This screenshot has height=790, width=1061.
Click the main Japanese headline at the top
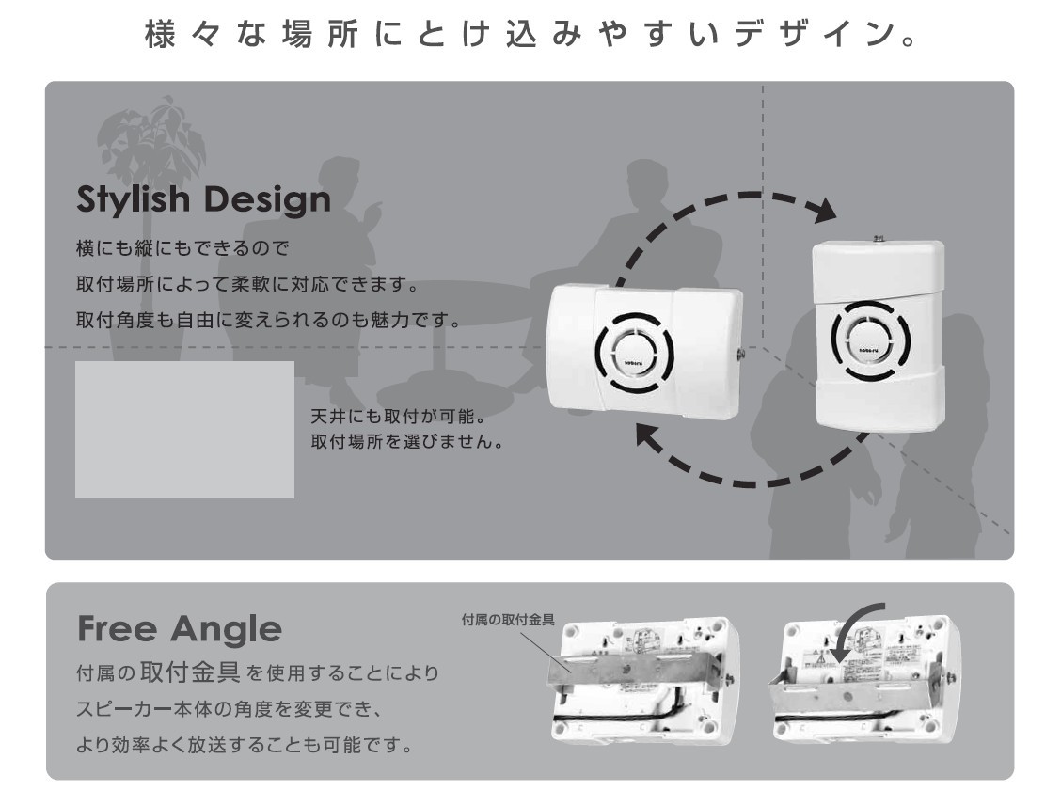(530, 37)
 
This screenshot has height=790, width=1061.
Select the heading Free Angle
(179, 628)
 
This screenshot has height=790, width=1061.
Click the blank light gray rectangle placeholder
(184, 429)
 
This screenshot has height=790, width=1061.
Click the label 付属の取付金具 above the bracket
(507, 620)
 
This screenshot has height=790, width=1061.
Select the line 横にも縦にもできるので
(181, 251)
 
